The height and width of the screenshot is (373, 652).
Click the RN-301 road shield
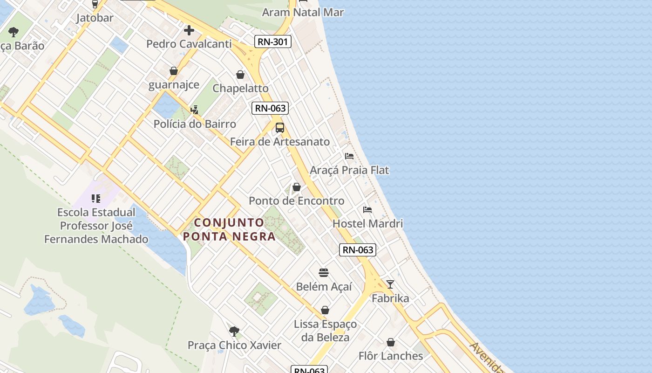point(273,42)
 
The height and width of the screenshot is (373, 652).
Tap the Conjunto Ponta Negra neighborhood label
point(229,229)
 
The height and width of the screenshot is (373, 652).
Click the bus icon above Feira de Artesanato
point(279,127)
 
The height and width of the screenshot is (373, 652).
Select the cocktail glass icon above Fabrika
point(390,284)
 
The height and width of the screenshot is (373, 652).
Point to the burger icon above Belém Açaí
point(324,273)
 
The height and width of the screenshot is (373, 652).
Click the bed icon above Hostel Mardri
point(367,210)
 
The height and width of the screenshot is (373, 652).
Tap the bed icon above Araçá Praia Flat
point(349,156)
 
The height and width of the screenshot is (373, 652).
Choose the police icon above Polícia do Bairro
point(194,110)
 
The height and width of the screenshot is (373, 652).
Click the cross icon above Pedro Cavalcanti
point(189,31)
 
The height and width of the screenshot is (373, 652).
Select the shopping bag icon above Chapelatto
point(240,75)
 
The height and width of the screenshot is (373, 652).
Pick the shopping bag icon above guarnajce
point(174,71)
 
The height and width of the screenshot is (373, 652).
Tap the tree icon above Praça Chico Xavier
point(234,332)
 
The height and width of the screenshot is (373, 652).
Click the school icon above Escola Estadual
point(96,199)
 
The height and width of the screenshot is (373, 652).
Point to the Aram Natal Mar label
point(303,13)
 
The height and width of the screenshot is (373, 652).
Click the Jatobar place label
point(95,18)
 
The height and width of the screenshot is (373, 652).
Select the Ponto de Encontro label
point(297,201)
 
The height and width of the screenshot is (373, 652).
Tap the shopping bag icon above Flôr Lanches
point(391,342)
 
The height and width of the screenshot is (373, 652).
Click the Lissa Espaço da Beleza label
point(325,331)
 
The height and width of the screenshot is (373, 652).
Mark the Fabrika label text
point(390,298)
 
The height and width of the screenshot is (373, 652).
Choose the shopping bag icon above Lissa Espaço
point(325,310)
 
